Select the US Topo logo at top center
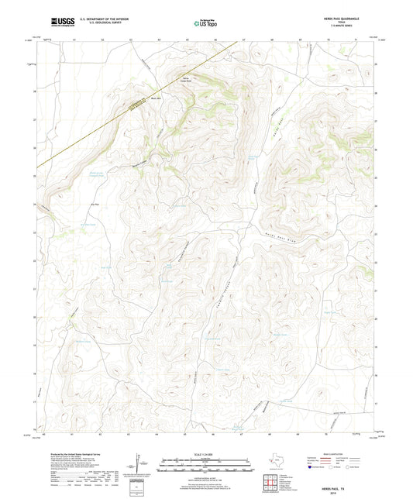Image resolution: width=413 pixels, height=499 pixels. tap(205, 24)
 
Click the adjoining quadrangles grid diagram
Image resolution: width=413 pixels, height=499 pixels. tap(271, 484)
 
